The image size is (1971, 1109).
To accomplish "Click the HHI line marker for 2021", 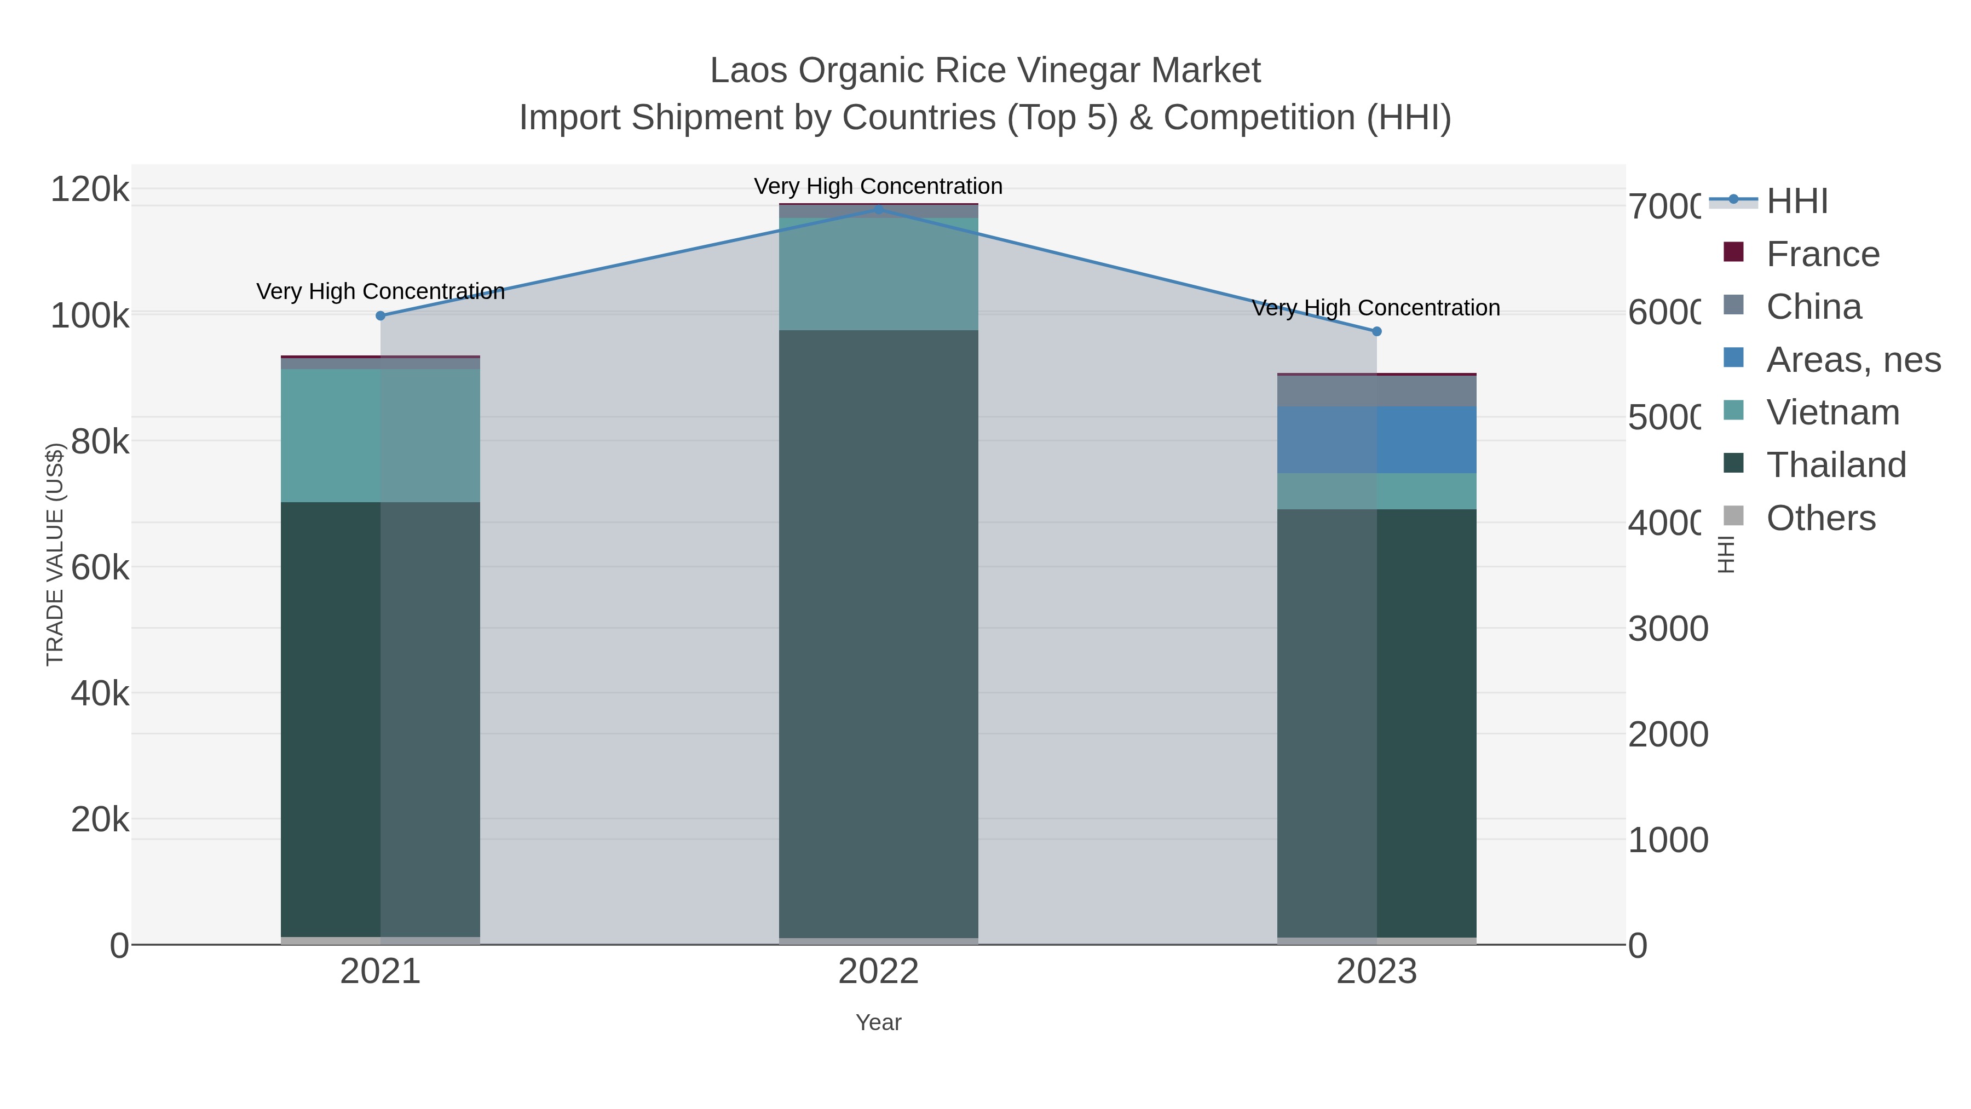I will pos(381,315).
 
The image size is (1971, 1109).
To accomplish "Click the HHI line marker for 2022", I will pos(878,209).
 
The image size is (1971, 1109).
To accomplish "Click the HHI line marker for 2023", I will pos(1376,331).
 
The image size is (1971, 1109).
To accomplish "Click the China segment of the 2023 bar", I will pos(1376,391).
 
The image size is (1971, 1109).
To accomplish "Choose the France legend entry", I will pos(1822,254).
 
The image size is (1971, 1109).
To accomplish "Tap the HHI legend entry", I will pos(1796,202).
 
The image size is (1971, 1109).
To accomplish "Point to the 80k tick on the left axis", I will pos(100,441).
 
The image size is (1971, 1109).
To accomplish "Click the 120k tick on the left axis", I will pos(90,189).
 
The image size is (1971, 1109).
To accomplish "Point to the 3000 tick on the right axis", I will pos(1667,629).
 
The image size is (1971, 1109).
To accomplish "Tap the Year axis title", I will pos(878,1022).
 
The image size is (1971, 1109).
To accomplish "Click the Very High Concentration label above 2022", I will pos(878,186).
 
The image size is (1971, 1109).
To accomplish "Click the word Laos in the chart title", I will pos(748,71).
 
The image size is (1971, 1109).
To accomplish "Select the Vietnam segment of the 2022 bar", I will pos(878,274).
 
